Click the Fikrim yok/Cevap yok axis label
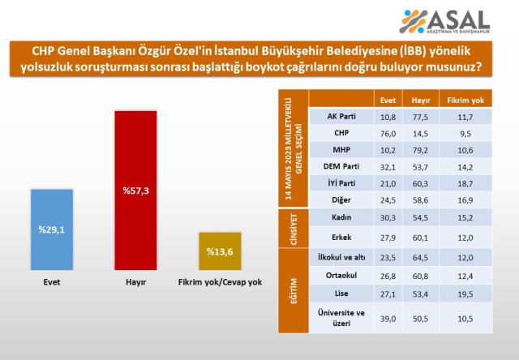coord(221,282)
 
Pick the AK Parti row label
coord(341,117)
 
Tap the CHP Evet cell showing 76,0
coord(388,133)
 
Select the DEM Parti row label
coord(341,167)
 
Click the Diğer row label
coord(341,201)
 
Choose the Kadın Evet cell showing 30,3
coord(388,219)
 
